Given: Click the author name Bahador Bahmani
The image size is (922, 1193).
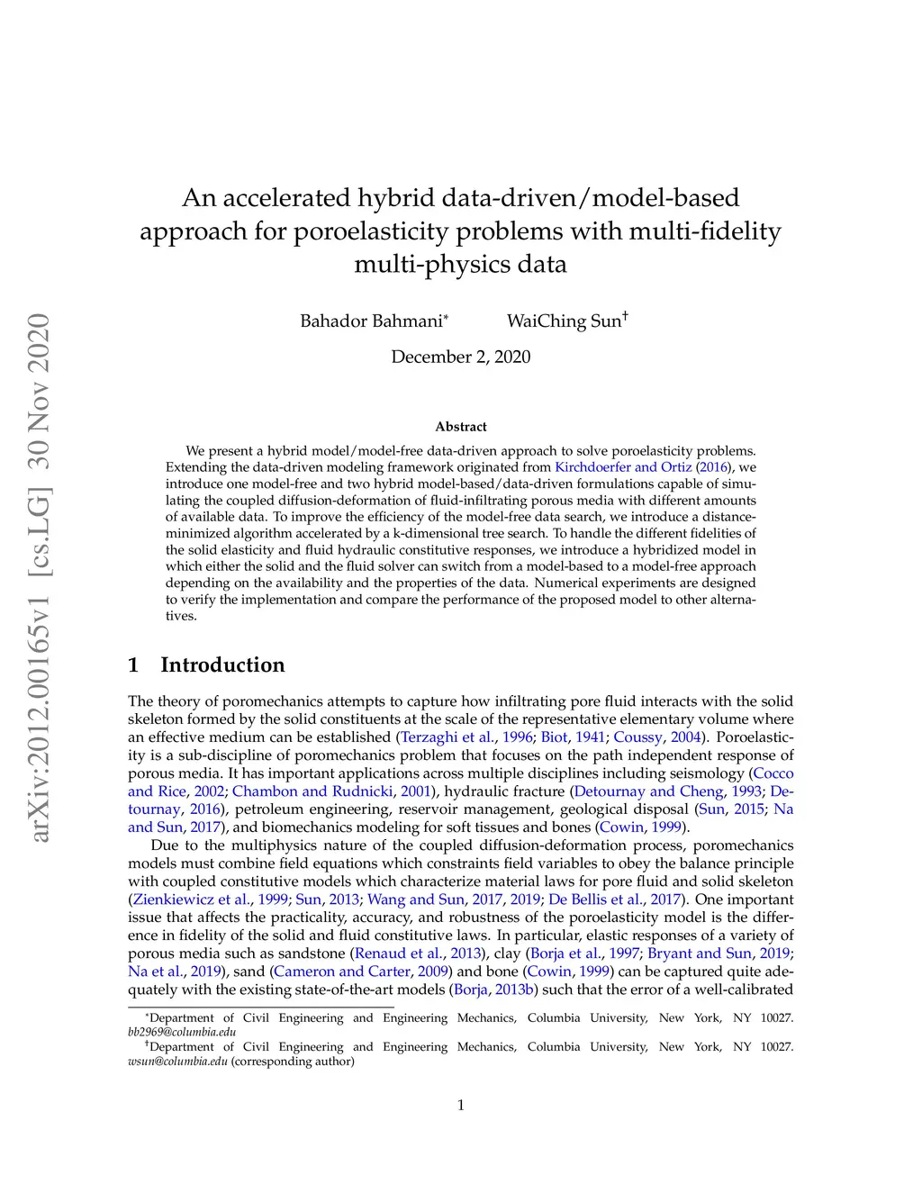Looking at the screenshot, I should pyautogui.click(x=371, y=321).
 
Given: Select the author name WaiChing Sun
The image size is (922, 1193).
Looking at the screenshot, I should pyautogui.click(x=564, y=321).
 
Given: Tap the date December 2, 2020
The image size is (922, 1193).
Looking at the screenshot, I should pyautogui.click(x=460, y=357).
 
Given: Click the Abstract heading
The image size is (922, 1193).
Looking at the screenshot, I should pyautogui.click(x=460, y=427).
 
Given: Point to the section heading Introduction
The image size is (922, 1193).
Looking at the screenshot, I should pyautogui.click(x=221, y=664).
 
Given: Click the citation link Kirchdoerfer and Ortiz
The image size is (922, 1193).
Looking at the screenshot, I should pyautogui.click(x=623, y=467).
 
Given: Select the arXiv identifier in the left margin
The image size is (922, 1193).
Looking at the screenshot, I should pyautogui.click(x=40, y=576).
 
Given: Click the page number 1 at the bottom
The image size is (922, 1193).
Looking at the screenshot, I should pyautogui.click(x=461, y=1106).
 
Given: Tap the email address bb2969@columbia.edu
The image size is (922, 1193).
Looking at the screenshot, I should pyautogui.click(x=182, y=1032).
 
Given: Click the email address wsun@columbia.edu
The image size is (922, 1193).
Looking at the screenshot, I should pyautogui.click(x=177, y=1061).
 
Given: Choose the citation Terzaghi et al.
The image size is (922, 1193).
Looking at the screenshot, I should pyautogui.click(x=447, y=737).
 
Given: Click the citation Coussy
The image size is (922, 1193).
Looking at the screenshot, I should pyautogui.click(x=637, y=737).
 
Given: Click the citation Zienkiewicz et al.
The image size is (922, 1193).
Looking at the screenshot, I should pyautogui.click(x=192, y=899).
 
